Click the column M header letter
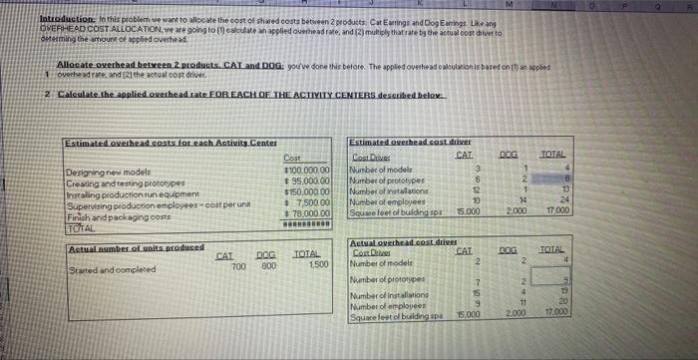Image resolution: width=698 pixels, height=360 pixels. [513, 4]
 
